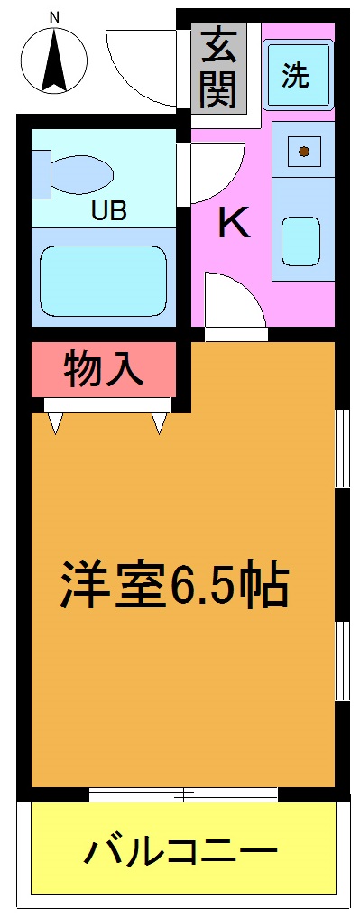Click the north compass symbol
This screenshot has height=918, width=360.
(53, 60)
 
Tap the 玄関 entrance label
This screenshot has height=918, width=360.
(219, 68)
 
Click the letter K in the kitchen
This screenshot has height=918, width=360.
(234, 223)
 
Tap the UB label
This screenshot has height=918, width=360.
(106, 212)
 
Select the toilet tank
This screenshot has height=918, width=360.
(41, 173)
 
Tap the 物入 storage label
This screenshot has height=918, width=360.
(104, 369)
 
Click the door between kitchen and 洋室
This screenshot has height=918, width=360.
(235, 307)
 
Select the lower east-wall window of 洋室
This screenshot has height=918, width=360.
(342, 660)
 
